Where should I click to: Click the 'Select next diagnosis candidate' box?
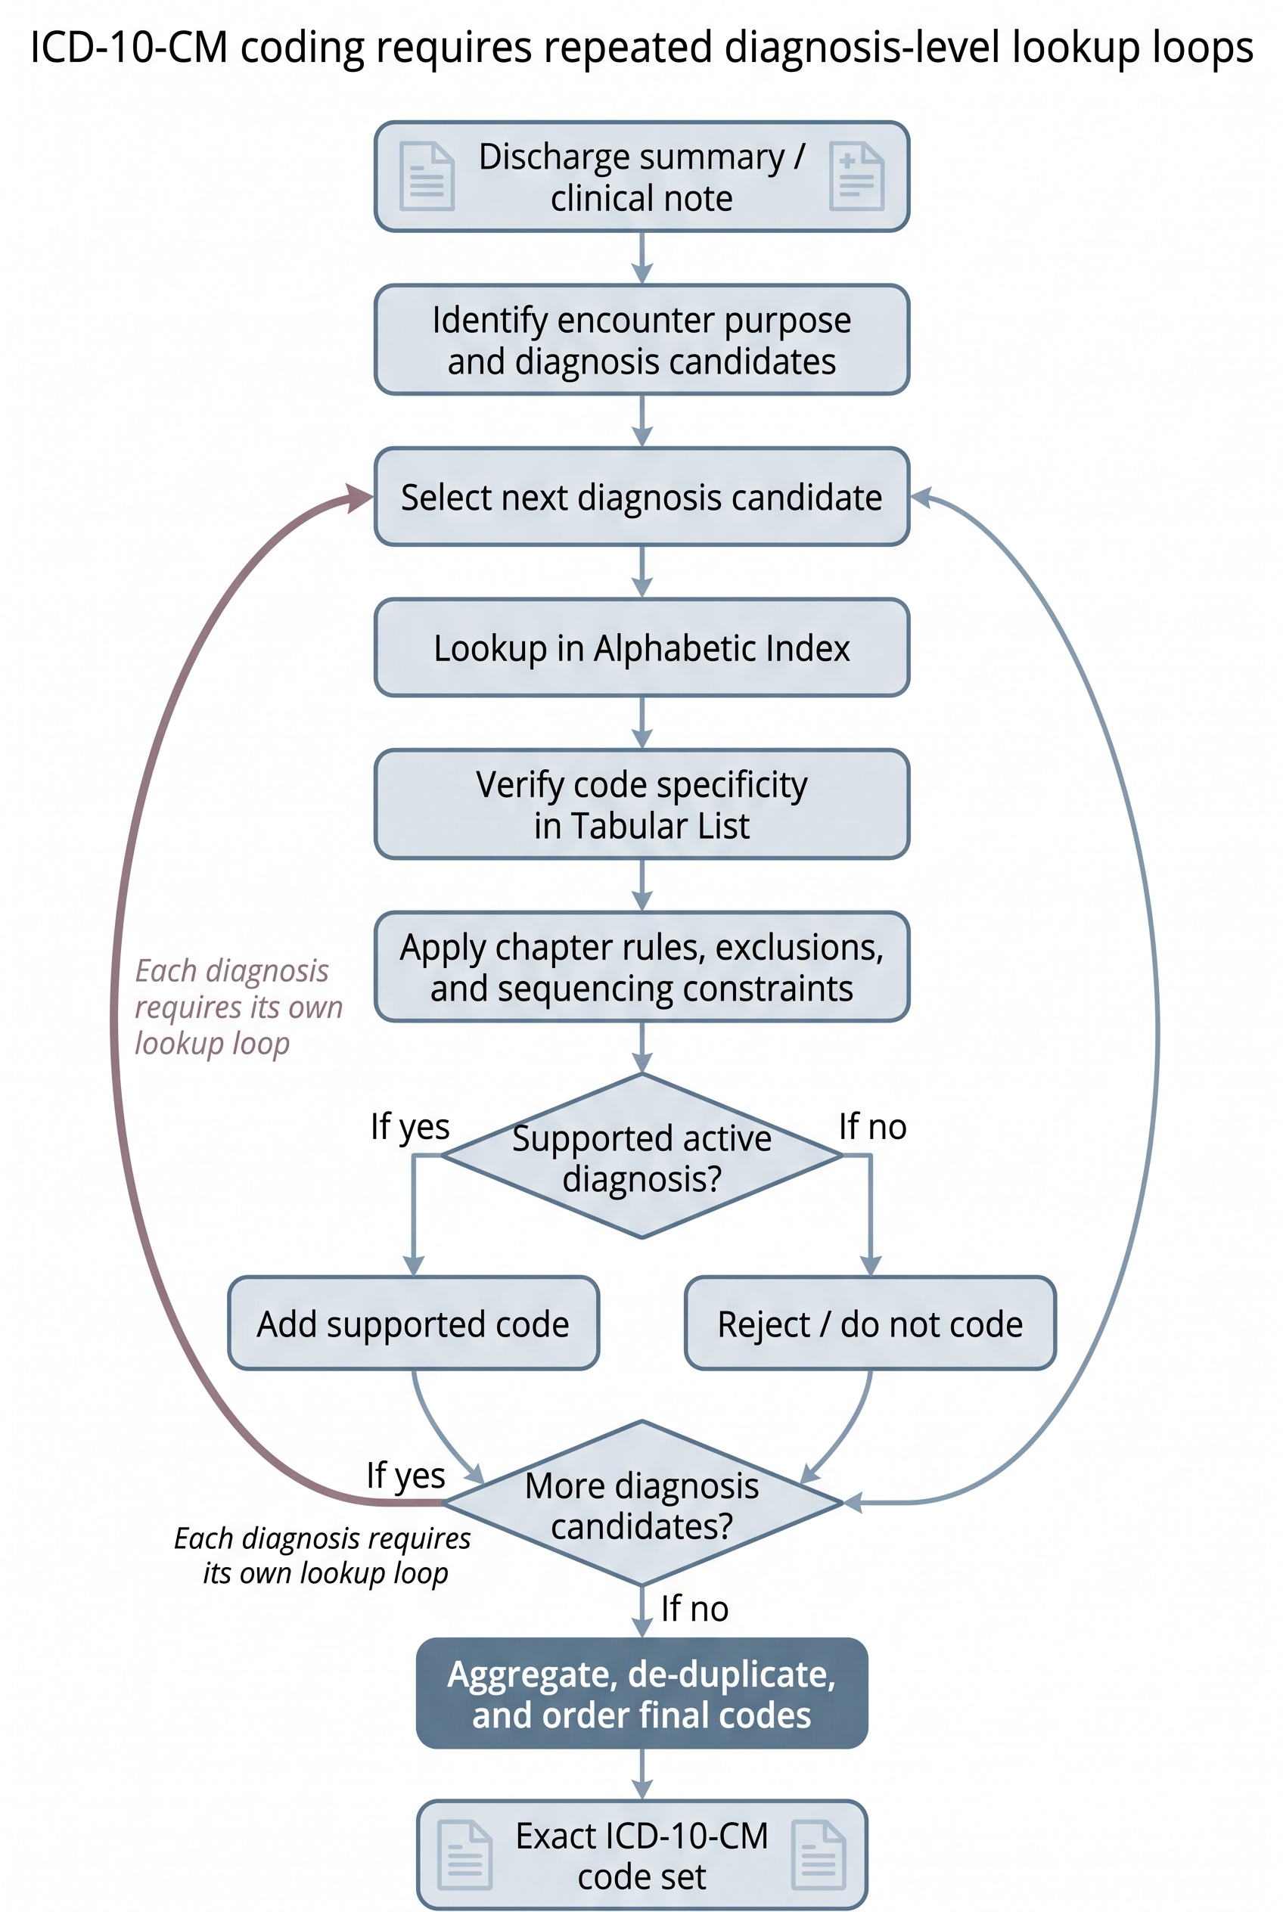click(x=641, y=497)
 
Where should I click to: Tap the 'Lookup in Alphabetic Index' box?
click(x=641, y=648)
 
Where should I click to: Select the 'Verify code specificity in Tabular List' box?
click(x=641, y=804)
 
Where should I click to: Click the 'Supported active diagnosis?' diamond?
click(x=641, y=1156)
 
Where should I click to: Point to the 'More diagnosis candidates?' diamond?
click(x=641, y=1504)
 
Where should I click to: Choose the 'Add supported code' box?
click(x=413, y=1324)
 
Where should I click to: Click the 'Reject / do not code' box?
click(x=870, y=1324)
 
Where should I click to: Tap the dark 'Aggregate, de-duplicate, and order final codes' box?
click(x=641, y=1693)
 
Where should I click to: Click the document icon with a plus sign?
click(x=856, y=176)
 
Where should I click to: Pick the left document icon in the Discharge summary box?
click(x=427, y=176)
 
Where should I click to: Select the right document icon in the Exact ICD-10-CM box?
click(x=819, y=1855)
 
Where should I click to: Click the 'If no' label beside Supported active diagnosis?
click(x=872, y=1127)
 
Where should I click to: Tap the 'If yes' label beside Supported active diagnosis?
click(x=410, y=1128)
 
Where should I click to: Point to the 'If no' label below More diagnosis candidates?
click(x=694, y=1609)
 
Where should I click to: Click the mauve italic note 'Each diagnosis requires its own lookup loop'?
click(x=238, y=1007)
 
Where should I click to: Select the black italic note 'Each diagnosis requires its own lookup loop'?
click(x=323, y=1555)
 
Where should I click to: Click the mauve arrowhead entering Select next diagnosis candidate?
click(x=360, y=498)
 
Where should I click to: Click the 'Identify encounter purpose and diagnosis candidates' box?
click(x=641, y=340)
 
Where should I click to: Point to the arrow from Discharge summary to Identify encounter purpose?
click(x=642, y=258)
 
